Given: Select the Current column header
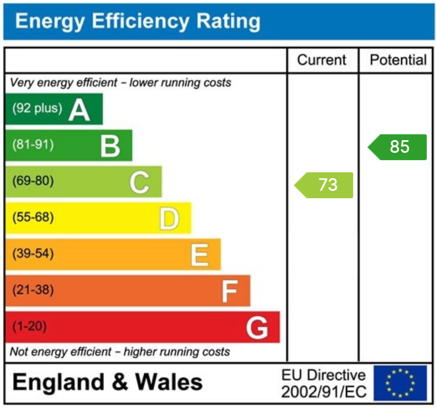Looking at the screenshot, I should coord(322,60).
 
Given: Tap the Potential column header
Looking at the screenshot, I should coord(398,60).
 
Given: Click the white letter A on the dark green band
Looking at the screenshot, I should coord(79,110).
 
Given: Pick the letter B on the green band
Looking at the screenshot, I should coord(110,146).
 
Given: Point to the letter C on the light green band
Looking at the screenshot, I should coord(139,183).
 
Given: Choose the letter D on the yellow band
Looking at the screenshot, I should coord(169,219).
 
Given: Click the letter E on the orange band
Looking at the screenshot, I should coord(199,255).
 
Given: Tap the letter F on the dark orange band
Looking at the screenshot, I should coord(229,291).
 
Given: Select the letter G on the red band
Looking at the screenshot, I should coord(256,328).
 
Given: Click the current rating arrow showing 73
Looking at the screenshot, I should coord(324,185).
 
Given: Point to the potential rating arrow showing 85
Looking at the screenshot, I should coord(398,147).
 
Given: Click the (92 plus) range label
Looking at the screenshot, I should coord(37,109).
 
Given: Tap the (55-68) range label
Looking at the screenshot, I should coord(33,217).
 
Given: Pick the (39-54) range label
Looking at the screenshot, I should coord(33,253).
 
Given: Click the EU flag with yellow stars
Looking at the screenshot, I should coord(400,383).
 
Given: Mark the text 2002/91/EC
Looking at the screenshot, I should coord(323,392).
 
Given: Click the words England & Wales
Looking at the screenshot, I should coord(108,382).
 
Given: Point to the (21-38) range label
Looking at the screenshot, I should coord(33,290).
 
